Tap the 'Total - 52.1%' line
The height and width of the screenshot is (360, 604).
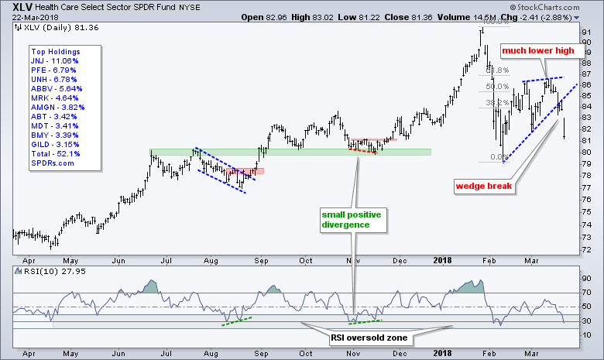[x=53, y=153]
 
